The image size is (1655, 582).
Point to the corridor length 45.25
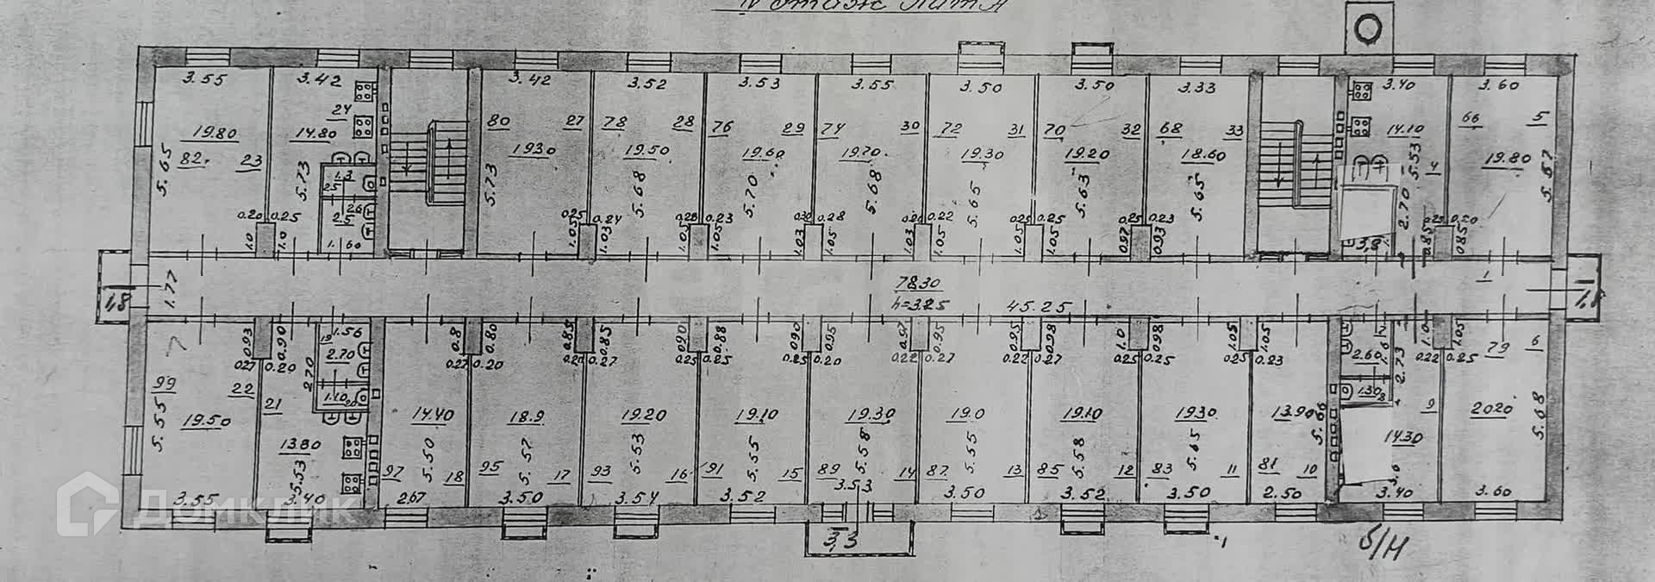(x=1040, y=308)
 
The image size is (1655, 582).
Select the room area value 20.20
(x=1491, y=408)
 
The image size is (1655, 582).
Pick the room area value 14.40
(x=433, y=415)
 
